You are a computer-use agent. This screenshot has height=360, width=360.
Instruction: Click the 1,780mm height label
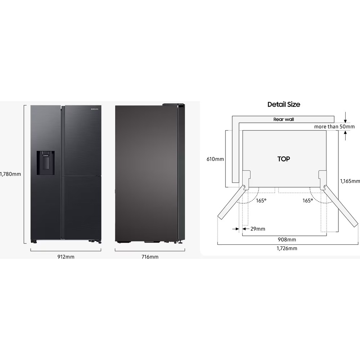[x=10, y=174]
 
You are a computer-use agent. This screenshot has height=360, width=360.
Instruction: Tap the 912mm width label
[x=65, y=257]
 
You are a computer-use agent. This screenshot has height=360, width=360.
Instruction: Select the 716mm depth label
[x=149, y=257]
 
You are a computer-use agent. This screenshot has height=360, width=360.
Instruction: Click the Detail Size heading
[x=284, y=104]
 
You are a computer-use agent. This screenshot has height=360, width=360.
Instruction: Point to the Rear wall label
[x=284, y=119]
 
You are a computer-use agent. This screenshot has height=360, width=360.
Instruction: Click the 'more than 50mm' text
[x=334, y=126]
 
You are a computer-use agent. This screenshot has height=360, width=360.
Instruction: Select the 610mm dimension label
[x=215, y=159]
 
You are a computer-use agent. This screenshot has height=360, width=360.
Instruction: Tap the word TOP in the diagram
[x=284, y=159]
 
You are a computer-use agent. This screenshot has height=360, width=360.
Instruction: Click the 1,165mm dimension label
[x=350, y=181]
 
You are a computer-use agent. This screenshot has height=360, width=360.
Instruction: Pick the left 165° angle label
[x=261, y=201]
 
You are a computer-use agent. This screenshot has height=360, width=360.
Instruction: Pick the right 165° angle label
[x=307, y=201]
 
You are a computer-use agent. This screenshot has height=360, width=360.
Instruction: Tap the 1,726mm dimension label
[x=287, y=248]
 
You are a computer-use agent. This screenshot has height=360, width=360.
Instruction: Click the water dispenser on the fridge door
[x=45, y=163]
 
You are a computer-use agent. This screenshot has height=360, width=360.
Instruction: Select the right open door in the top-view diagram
[x=341, y=206]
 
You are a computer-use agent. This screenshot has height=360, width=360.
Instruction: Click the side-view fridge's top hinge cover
[x=173, y=105]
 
